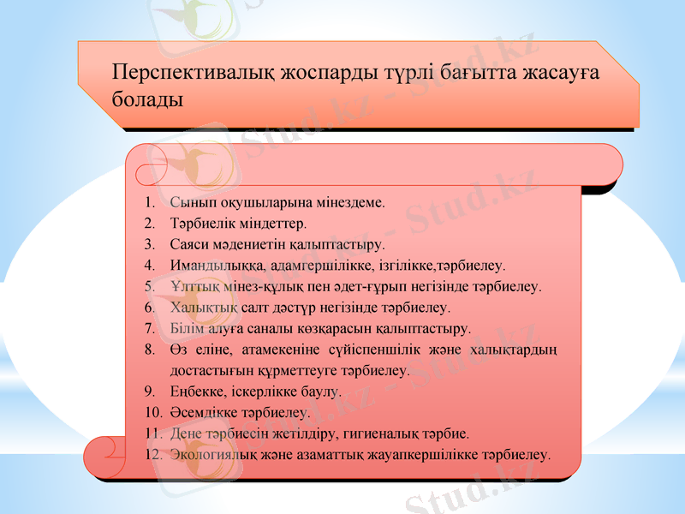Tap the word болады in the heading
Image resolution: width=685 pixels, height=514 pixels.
click(x=147, y=99)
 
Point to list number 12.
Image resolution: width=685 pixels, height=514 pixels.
click(x=153, y=453)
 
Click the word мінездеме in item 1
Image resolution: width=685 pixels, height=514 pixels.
click(x=351, y=204)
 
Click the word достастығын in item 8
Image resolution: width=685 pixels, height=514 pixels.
click(x=211, y=371)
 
